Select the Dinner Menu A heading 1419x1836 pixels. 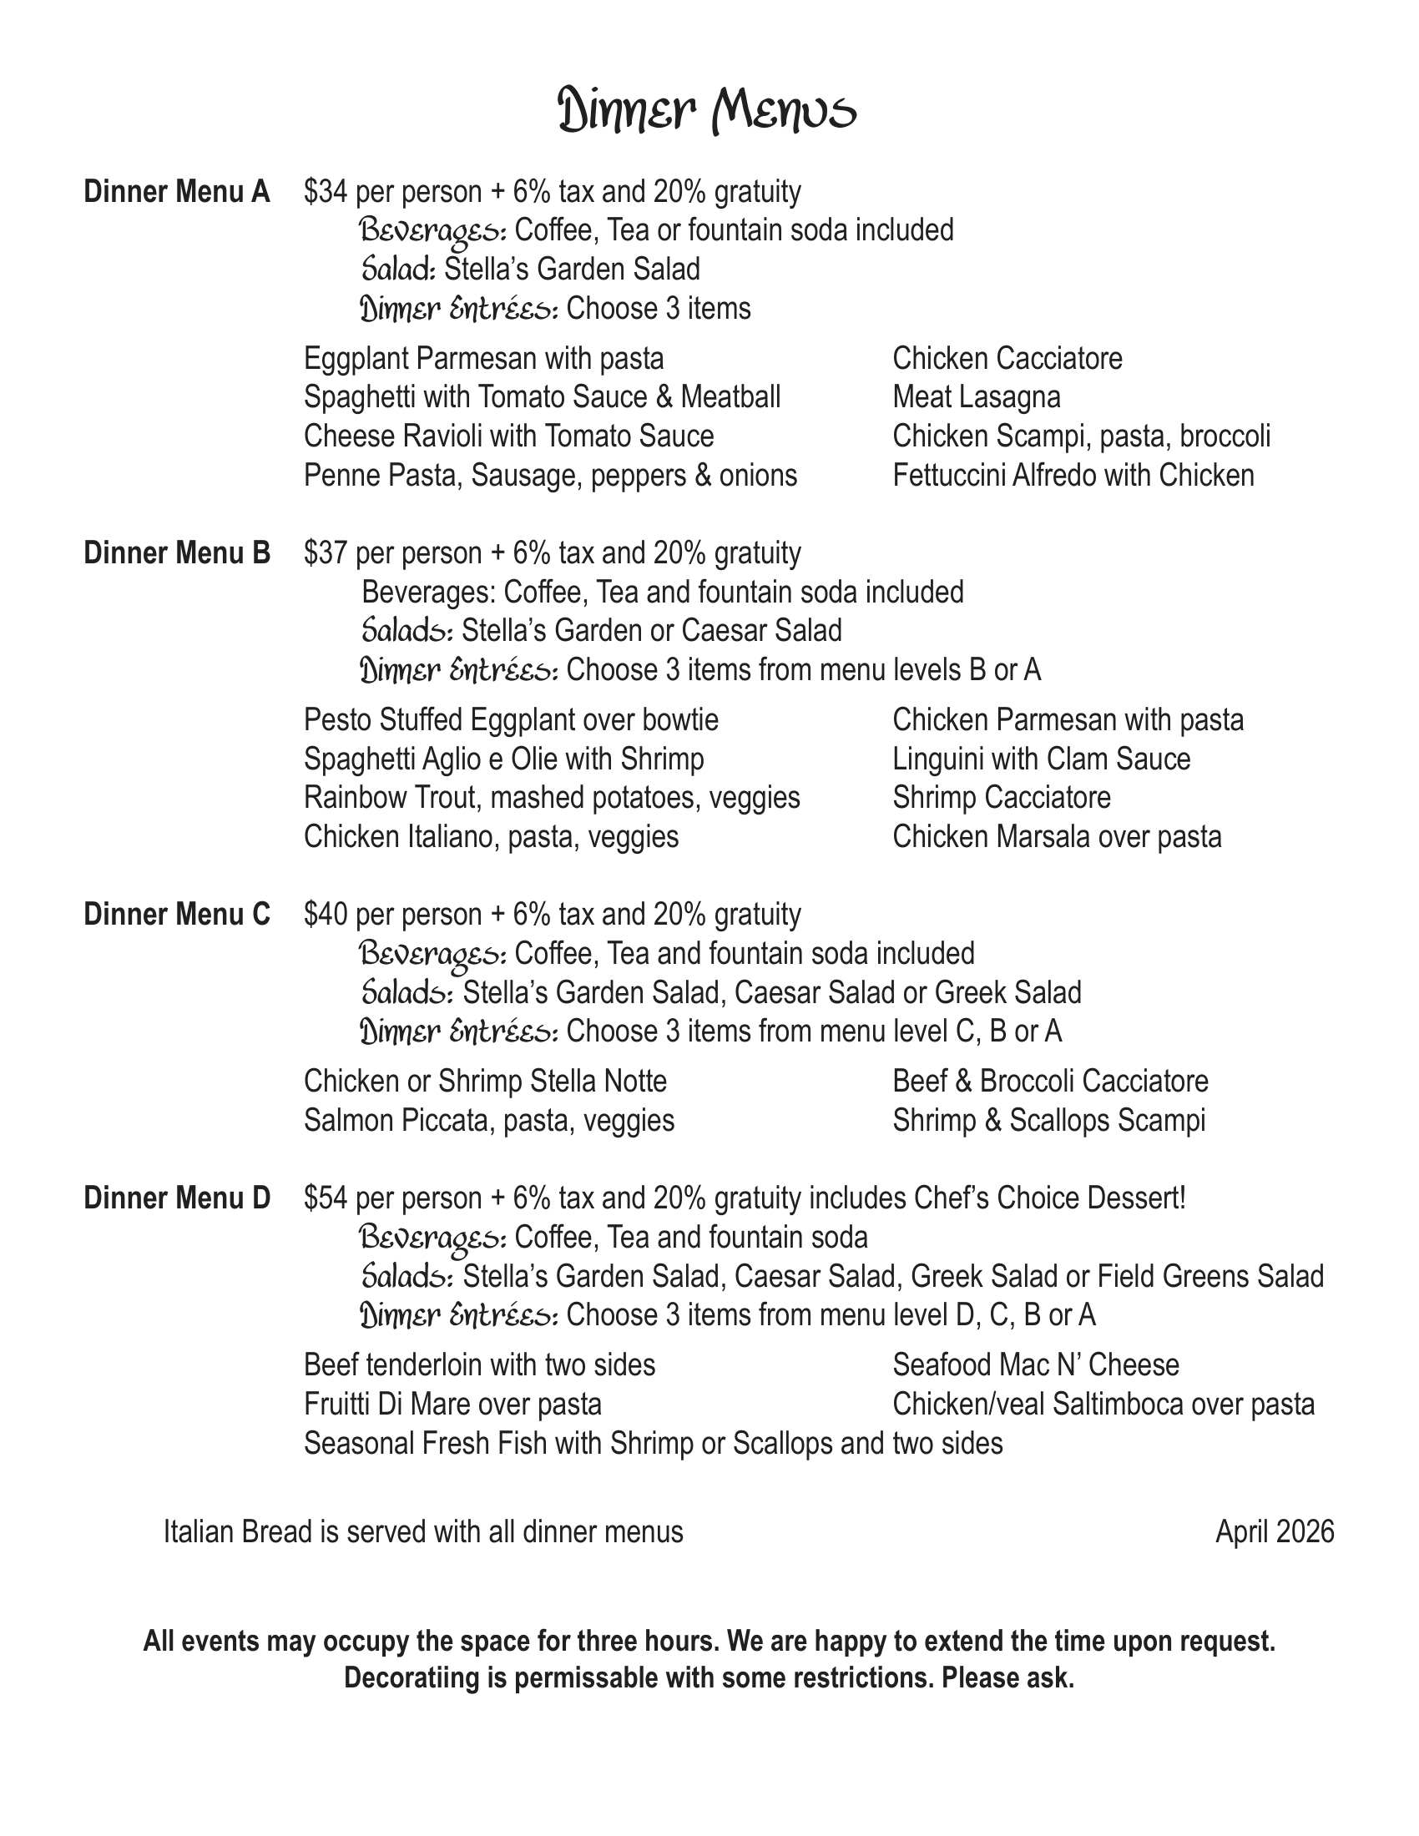pos(176,193)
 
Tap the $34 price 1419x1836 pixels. pos(326,193)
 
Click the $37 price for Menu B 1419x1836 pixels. pos(326,554)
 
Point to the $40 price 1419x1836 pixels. pos(326,915)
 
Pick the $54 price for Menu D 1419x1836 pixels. pos(326,1198)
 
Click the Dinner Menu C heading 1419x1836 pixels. pos(176,915)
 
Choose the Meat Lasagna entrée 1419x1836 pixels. pos(976,397)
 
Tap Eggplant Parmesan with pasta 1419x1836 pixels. pos(483,359)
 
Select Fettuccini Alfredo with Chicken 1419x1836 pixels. pos(1073,477)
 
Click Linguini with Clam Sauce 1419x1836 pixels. pos(1041,760)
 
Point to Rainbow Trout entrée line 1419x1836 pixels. pos(552,798)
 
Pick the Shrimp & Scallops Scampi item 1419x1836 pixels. pos(1048,1122)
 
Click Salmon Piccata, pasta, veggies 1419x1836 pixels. pos(488,1122)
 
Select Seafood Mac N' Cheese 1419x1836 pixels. pos(1036,1365)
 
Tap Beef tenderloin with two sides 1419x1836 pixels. pos(479,1365)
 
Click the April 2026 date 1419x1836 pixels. pos(1275,1531)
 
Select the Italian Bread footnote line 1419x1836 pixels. pos(423,1531)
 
